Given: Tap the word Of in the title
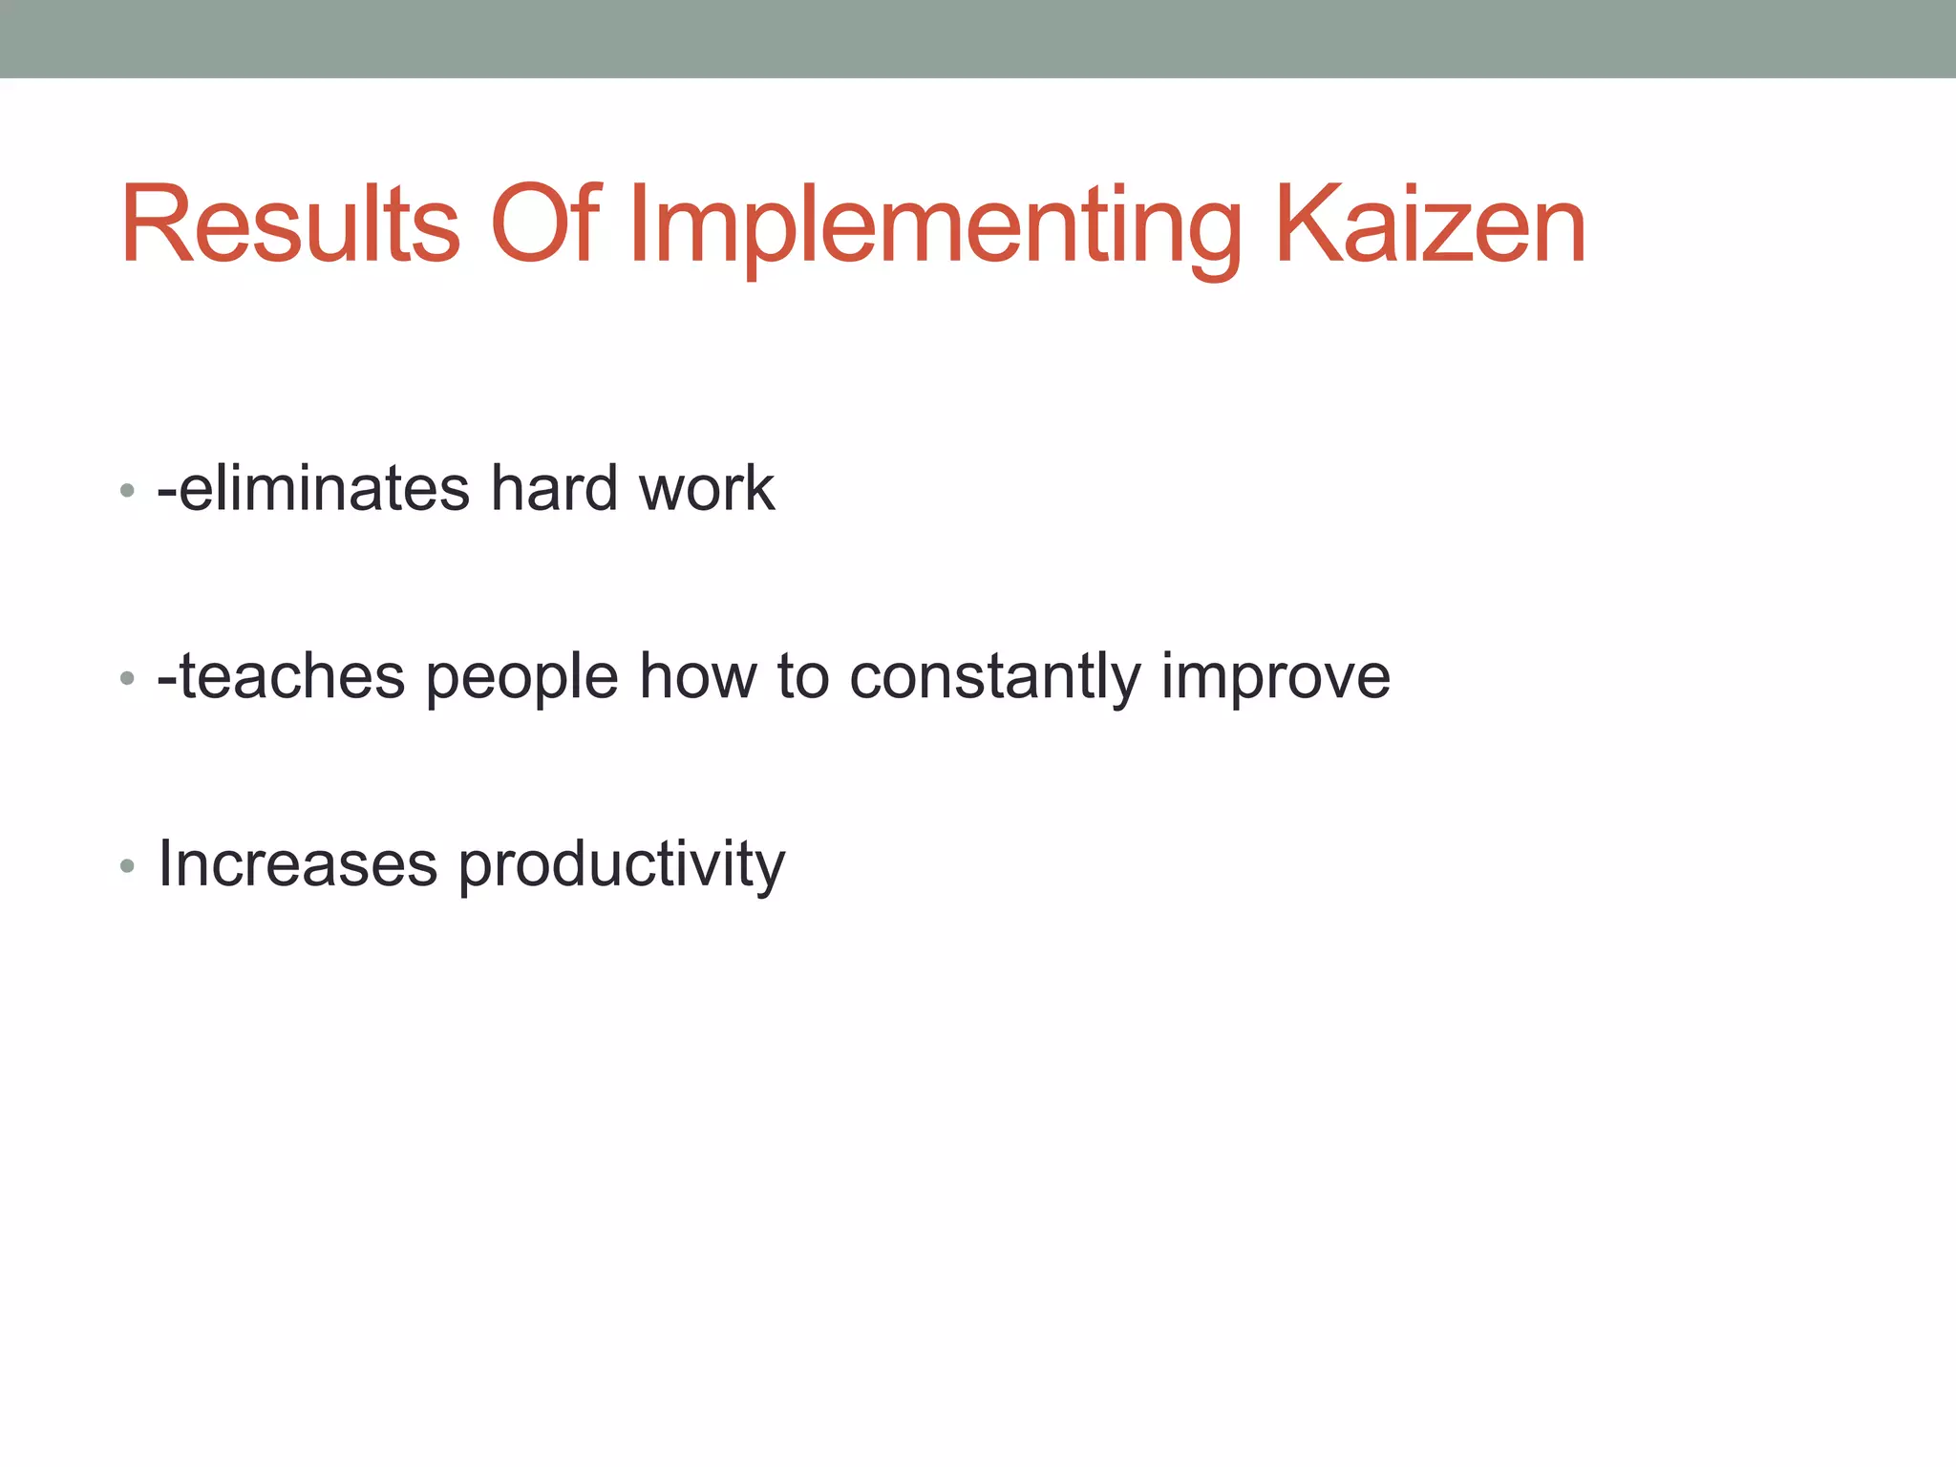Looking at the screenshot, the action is [x=544, y=225].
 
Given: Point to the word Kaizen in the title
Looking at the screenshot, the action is [x=1430, y=225].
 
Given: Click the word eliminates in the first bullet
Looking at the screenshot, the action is [x=325, y=488].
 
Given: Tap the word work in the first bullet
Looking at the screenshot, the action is [x=706, y=488].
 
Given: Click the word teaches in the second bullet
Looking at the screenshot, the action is [x=292, y=676].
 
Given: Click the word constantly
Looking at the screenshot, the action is [x=994, y=678].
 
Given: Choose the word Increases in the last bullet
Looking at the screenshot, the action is [x=297, y=863].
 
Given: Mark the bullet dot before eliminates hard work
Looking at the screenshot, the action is [x=127, y=492].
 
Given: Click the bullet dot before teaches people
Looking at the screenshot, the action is [x=127, y=679].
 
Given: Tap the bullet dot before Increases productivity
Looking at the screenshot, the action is [x=127, y=866].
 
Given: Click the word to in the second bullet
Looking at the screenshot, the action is [x=802, y=676].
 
